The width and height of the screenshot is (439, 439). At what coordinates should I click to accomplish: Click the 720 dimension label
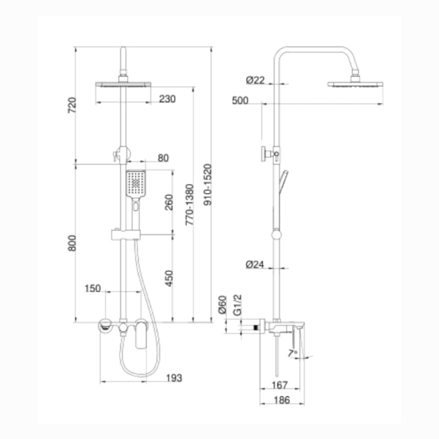(72, 105)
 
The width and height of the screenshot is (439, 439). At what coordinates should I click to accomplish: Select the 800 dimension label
(72, 243)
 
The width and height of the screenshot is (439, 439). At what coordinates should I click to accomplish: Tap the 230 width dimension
(167, 99)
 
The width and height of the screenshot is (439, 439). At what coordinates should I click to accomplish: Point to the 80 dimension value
(163, 158)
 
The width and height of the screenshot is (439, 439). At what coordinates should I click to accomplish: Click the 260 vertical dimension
(169, 202)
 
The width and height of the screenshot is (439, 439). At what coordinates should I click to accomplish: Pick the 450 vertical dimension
(169, 278)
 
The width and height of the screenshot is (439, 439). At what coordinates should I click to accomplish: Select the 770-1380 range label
(190, 205)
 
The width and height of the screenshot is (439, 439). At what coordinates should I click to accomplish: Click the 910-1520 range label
(208, 184)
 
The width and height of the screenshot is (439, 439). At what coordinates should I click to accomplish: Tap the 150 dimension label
(93, 288)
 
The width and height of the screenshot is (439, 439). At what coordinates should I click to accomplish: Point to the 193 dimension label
(174, 378)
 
